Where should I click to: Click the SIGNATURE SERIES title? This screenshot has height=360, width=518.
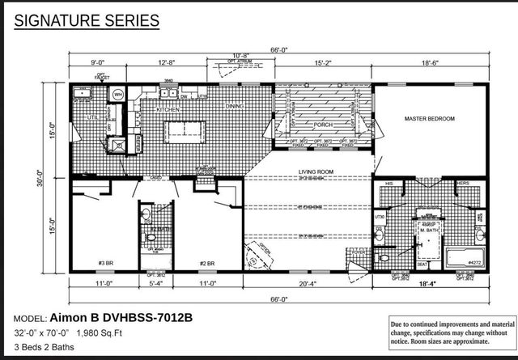[80, 19]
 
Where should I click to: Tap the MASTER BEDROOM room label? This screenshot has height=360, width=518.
[429, 119]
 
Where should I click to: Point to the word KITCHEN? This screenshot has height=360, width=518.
[168, 108]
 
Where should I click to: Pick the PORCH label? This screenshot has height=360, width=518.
[321, 124]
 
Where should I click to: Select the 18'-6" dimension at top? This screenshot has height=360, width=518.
[429, 62]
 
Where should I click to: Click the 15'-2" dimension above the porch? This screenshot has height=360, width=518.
[322, 62]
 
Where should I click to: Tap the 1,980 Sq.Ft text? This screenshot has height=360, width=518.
[98, 332]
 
